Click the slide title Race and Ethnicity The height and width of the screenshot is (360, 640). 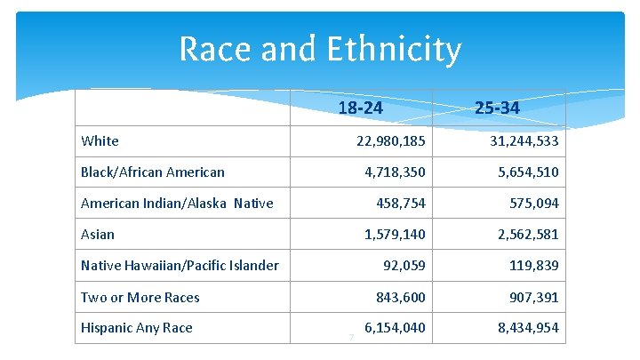320,49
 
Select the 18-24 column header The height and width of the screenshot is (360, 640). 361,108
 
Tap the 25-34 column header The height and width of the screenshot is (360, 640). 497,108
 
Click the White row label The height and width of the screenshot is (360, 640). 100,140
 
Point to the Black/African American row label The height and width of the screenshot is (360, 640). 152,172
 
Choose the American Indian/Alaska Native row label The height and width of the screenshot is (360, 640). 177,204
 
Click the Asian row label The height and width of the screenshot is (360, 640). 98,235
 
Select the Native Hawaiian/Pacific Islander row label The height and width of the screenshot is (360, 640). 180,265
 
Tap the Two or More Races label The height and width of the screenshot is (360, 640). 140,297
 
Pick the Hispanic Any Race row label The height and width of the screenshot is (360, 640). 136,328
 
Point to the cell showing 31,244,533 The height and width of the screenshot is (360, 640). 524,140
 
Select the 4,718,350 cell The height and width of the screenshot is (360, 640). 395,172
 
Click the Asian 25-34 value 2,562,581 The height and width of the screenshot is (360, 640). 528,235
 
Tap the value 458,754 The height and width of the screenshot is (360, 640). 401,204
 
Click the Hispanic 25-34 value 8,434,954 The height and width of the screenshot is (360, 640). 528,328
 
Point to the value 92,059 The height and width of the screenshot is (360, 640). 404,265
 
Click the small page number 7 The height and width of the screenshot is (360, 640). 351,336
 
